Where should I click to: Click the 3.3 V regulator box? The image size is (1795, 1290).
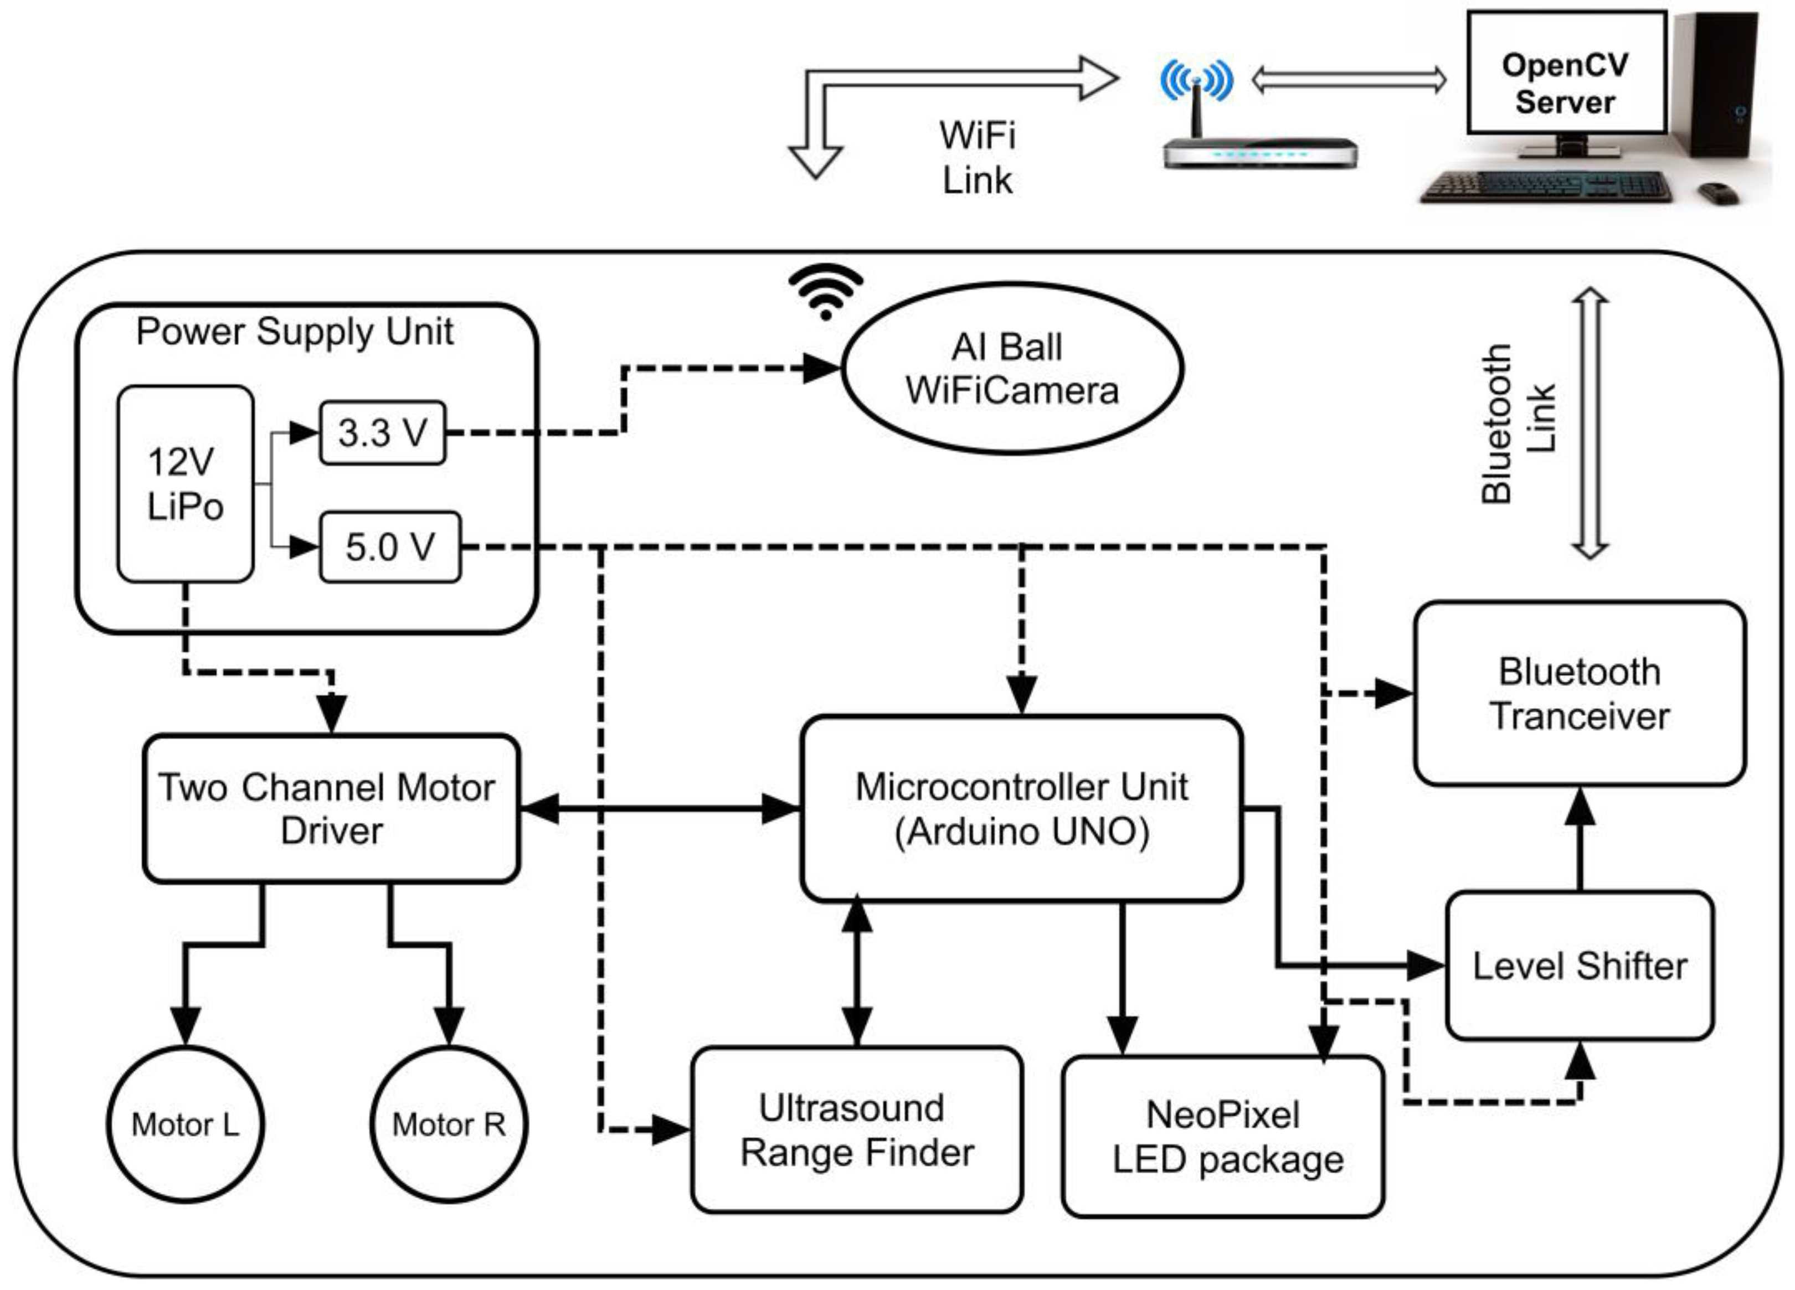(x=382, y=433)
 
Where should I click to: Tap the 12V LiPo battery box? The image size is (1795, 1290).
(x=185, y=483)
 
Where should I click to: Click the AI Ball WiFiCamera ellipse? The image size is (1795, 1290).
(x=1011, y=369)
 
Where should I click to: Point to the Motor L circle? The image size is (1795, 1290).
(x=185, y=1124)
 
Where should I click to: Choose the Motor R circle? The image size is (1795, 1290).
(x=449, y=1124)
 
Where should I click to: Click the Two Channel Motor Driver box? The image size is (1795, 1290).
(x=331, y=808)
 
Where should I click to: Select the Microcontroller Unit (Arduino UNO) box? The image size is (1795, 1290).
(x=1021, y=808)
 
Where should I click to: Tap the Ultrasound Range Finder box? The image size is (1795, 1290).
(x=856, y=1129)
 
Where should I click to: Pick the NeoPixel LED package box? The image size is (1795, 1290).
(x=1223, y=1137)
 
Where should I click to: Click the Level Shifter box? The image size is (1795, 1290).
(x=1580, y=966)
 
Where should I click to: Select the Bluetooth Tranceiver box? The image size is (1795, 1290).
(x=1580, y=693)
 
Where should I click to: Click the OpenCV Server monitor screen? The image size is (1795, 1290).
(x=1566, y=73)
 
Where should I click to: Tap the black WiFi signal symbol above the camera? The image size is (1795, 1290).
(x=825, y=291)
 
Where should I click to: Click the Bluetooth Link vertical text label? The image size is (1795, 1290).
(x=1518, y=424)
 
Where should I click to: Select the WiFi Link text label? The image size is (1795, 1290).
(x=978, y=157)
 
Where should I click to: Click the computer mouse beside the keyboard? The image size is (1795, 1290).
(x=1717, y=192)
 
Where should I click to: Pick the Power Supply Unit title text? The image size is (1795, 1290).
(x=295, y=332)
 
